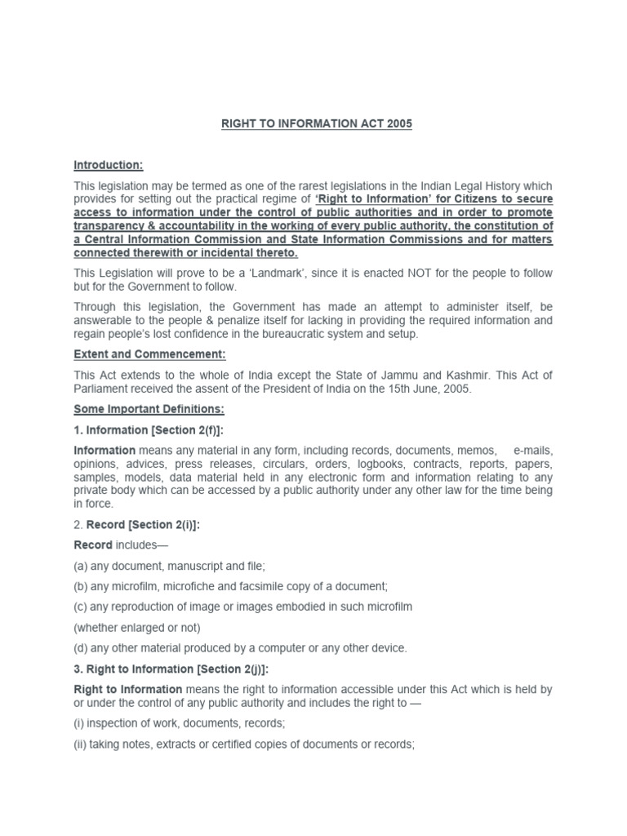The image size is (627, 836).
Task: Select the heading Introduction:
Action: [108, 166]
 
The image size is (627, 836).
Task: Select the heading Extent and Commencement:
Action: [149, 354]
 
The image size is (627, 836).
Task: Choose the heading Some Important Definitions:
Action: [149, 409]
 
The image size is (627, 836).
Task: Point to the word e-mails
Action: [532, 451]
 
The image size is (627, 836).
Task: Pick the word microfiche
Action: [187, 586]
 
